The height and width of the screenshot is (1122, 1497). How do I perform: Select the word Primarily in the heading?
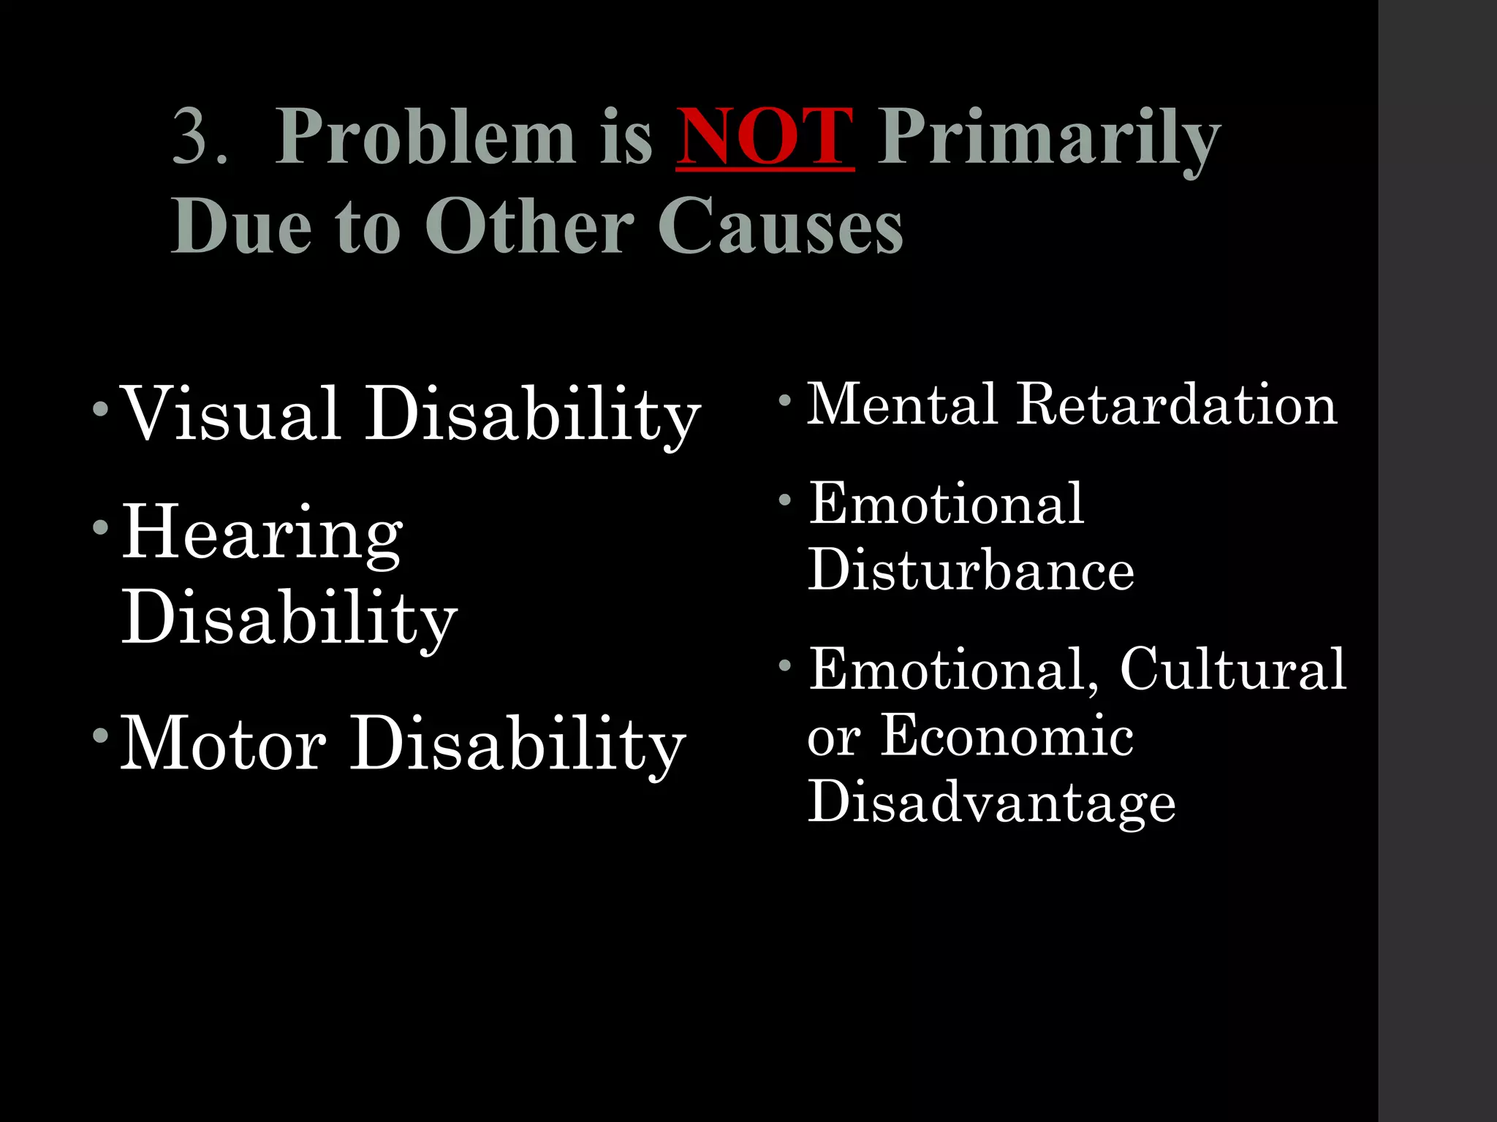(x=1048, y=139)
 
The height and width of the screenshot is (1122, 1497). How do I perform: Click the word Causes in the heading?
(x=780, y=226)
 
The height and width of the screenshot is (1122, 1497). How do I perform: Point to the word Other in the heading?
(x=530, y=226)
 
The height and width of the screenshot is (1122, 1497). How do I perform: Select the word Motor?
(x=223, y=743)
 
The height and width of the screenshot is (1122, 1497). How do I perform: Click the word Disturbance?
(x=971, y=570)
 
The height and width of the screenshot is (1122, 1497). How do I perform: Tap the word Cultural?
(x=1232, y=669)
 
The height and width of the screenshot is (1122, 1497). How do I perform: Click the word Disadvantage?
(x=991, y=802)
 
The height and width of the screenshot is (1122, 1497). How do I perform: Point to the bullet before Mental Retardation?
(x=784, y=400)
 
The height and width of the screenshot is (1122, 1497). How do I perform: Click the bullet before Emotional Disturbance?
(x=784, y=500)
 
